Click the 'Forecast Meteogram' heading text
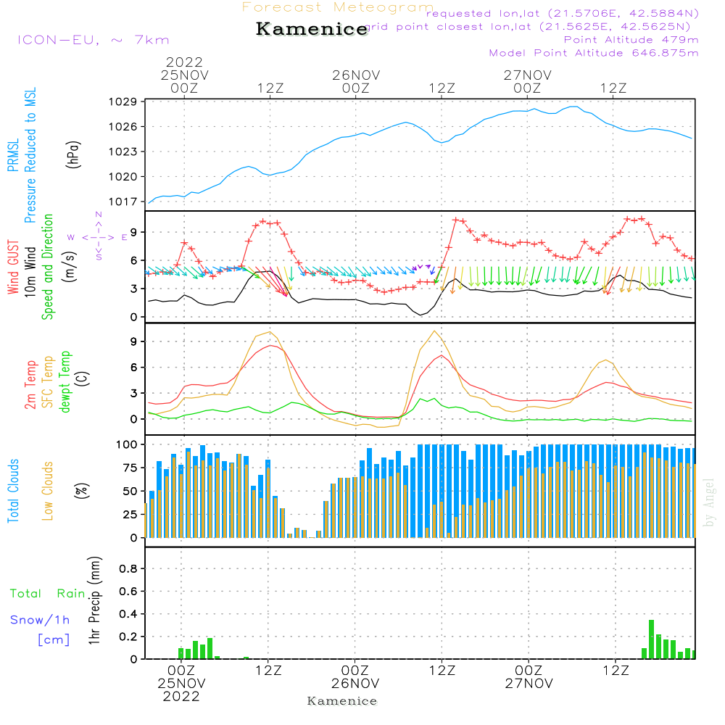pyautogui.click(x=338, y=7)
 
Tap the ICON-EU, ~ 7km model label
pyautogui.click(x=92, y=40)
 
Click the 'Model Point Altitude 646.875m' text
pyautogui.click(x=594, y=53)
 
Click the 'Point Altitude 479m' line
pyautogui.click(x=631, y=40)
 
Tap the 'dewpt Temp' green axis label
pyautogui.click(x=66, y=381)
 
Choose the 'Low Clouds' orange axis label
pyautogui.click(x=48, y=491)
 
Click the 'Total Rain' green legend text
pyautogui.click(x=48, y=594)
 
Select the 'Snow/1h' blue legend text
pyautogui.click(x=40, y=620)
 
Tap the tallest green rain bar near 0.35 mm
pyautogui.click(x=651, y=639)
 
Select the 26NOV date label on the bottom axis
pyautogui.click(x=356, y=684)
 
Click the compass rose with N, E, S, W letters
pyautogui.click(x=99, y=236)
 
